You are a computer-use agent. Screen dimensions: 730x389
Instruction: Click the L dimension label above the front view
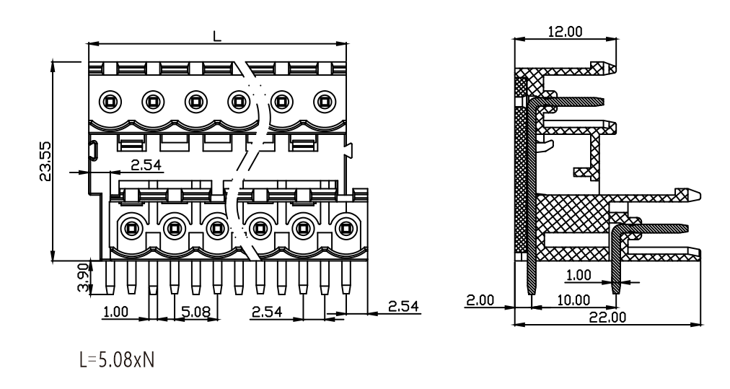tap(217, 36)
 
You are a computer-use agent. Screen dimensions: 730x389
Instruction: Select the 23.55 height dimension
tap(45, 161)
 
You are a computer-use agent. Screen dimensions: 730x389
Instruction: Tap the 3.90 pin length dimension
tap(82, 277)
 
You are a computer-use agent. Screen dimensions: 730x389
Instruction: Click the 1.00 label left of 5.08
tap(115, 311)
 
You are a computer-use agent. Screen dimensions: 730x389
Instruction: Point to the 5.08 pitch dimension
tap(196, 311)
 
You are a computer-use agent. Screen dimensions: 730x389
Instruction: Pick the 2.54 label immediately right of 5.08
tap(267, 311)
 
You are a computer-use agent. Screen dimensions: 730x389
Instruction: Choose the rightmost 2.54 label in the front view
tap(403, 306)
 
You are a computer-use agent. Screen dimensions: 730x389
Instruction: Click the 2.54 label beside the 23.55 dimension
tap(146, 165)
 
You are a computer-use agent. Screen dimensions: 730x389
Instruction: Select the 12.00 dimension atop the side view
tap(566, 32)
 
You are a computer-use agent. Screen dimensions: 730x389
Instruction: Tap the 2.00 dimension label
tap(480, 300)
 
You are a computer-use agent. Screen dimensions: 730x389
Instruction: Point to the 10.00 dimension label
tap(573, 300)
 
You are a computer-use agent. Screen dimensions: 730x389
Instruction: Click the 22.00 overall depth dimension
tap(608, 317)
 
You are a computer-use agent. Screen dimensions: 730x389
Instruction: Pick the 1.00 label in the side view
tap(579, 275)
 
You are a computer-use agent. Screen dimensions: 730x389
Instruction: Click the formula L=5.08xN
tap(117, 360)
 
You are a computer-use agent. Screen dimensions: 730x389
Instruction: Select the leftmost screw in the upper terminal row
tap(110, 101)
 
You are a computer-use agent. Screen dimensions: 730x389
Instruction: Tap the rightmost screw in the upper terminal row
tap(325, 101)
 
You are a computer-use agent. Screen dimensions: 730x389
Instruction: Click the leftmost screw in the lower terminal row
tap(131, 228)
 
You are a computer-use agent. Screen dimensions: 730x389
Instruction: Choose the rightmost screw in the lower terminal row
tap(345, 228)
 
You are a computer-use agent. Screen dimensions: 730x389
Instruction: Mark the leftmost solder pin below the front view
tap(110, 278)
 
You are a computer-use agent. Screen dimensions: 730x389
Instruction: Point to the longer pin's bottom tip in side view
tap(531, 294)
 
